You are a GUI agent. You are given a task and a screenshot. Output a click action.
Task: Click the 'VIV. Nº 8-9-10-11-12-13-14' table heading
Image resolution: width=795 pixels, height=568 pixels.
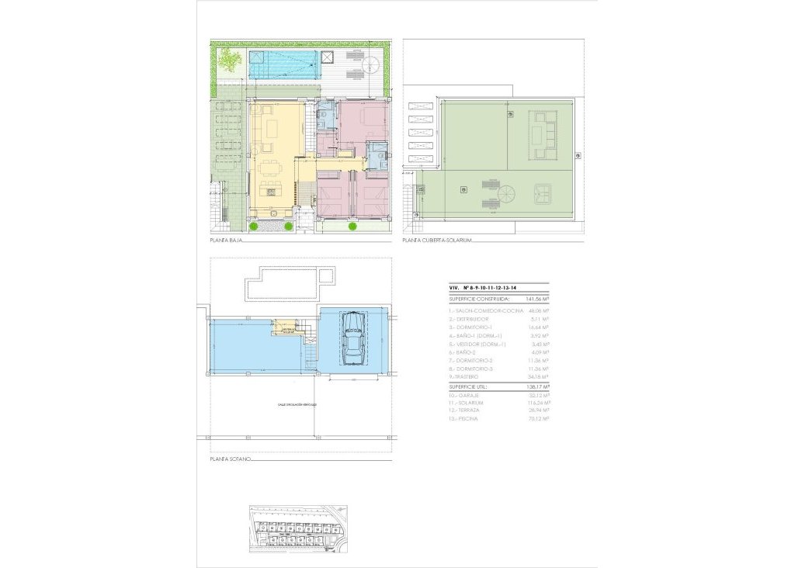[x=483, y=287]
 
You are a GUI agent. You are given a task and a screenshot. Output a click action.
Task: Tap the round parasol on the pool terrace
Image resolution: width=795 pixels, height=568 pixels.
[x=327, y=59]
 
